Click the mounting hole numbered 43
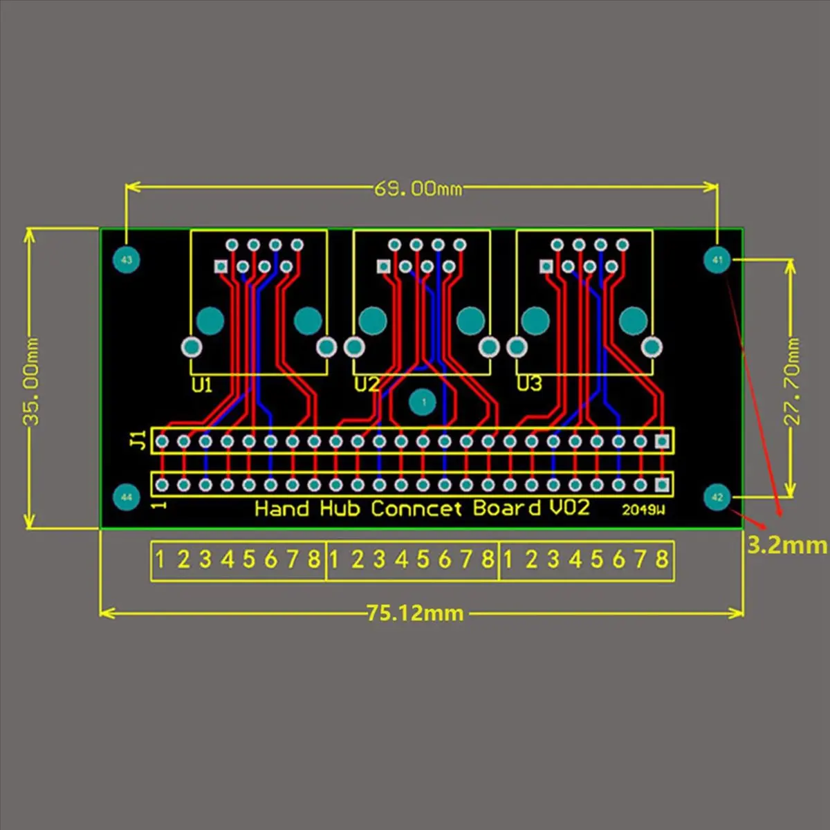[x=126, y=260]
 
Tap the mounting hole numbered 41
[x=717, y=260]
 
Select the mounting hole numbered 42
[x=717, y=497]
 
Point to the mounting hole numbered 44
[x=126, y=497]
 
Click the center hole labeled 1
[x=423, y=402]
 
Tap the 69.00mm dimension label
[x=418, y=188]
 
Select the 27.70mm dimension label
[x=792, y=381]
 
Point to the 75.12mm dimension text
[x=415, y=613]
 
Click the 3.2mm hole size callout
[x=787, y=545]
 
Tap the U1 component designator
[x=201, y=385]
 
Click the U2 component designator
[x=367, y=384]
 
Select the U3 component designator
[x=529, y=383]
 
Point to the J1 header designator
[x=139, y=440]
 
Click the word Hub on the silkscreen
[x=340, y=509]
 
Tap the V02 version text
[x=570, y=508]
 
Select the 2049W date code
[x=643, y=510]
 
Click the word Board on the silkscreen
[x=507, y=508]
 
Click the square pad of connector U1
[x=221, y=266]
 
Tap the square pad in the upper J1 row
[x=663, y=441]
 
